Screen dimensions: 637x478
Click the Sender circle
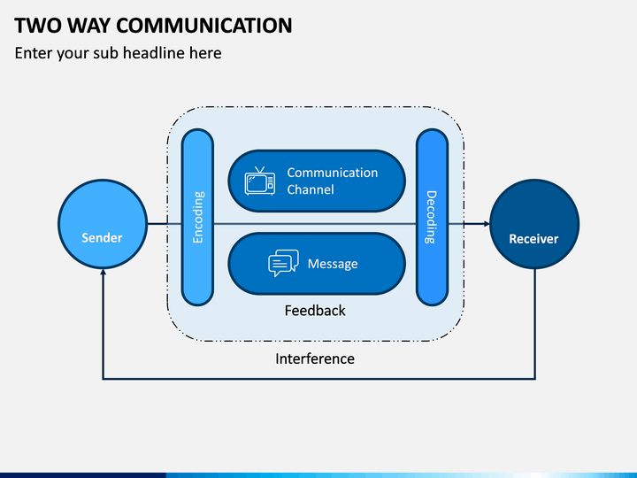(x=103, y=224)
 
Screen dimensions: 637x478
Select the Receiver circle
(x=534, y=224)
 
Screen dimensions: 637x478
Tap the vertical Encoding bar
(x=197, y=217)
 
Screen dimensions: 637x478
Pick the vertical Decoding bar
(x=432, y=217)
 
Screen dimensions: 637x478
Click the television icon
(x=260, y=181)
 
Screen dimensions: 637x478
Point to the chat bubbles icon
(x=284, y=263)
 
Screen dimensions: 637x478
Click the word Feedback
(x=315, y=311)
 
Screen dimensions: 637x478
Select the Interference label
(x=315, y=358)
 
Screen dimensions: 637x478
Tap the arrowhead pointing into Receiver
(x=487, y=224)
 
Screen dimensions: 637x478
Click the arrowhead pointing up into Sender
(x=104, y=272)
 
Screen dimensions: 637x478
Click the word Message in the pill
(x=333, y=264)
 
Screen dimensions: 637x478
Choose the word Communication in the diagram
(x=333, y=173)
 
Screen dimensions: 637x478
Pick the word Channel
(x=311, y=189)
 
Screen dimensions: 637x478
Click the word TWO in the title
(x=37, y=25)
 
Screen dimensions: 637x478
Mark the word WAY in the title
(x=88, y=25)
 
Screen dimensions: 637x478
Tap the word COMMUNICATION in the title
(x=204, y=25)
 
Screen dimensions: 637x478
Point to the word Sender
(x=102, y=238)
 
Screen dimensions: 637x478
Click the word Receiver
(x=533, y=239)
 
